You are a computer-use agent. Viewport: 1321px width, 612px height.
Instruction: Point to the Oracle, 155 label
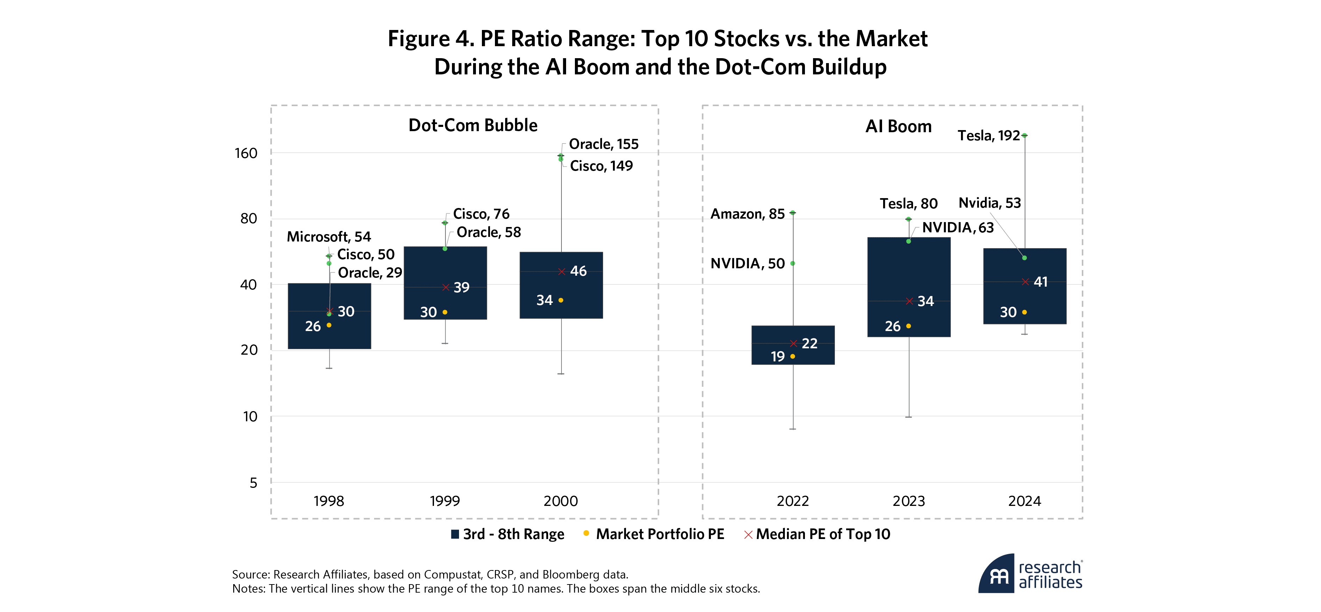[x=603, y=144]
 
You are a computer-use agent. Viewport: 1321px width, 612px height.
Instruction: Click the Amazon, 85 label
[x=747, y=214]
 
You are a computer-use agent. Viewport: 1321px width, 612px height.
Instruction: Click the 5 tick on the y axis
[x=253, y=483]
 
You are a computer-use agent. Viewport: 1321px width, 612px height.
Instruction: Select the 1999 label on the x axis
[x=445, y=501]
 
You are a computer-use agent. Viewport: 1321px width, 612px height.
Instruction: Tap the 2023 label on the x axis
[x=909, y=501]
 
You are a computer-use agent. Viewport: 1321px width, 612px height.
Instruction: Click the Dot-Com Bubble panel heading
[x=473, y=125]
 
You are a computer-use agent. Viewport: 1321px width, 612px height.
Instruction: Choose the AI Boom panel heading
[x=898, y=126]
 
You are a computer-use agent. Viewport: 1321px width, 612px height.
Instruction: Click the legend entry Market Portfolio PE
[x=659, y=534]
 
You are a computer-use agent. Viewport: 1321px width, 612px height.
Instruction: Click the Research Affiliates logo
[x=1030, y=574]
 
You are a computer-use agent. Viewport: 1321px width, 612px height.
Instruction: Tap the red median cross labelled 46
[x=562, y=271]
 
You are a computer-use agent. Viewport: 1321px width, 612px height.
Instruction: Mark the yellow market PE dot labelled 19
[x=793, y=356]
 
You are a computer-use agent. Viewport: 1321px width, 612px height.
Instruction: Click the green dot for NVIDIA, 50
[x=793, y=263]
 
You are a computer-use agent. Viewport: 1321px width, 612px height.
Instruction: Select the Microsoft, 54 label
[x=329, y=237]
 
